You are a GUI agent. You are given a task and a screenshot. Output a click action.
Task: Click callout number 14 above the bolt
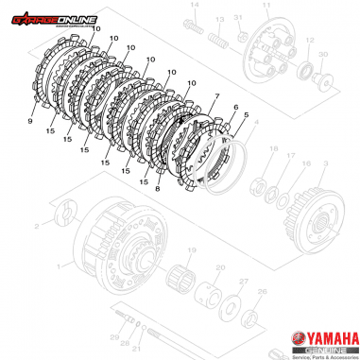(197, 7)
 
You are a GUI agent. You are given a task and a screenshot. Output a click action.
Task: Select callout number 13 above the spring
(219, 19)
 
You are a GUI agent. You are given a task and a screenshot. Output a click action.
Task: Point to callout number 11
(266, 7)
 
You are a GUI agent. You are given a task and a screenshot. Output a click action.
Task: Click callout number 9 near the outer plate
(31, 122)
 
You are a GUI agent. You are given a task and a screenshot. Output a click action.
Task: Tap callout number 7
(216, 97)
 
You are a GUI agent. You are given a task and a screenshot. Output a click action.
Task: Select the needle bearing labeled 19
(188, 280)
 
